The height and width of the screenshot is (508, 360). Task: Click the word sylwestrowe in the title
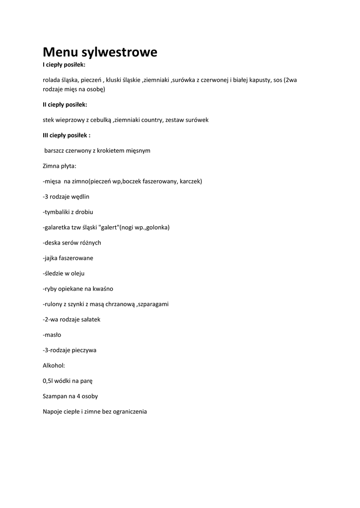pyautogui.click(x=119, y=53)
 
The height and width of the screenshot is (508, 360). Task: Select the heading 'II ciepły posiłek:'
pyautogui.click(x=65, y=104)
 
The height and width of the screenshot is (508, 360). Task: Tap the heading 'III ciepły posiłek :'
pyautogui.click(x=67, y=135)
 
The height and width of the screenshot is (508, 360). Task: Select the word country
pyautogui.click(x=148, y=120)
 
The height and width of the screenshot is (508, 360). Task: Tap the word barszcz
pyautogui.click(x=56, y=150)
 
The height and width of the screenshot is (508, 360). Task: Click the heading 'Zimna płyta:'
pyautogui.click(x=60, y=166)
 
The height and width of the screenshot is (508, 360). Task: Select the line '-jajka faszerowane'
pyautogui.click(x=68, y=258)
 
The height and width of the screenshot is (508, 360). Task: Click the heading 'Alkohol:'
pyautogui.click(x=54, y=366)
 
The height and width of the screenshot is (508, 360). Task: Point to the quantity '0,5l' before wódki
pyautogui.click(x=49, y=381)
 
